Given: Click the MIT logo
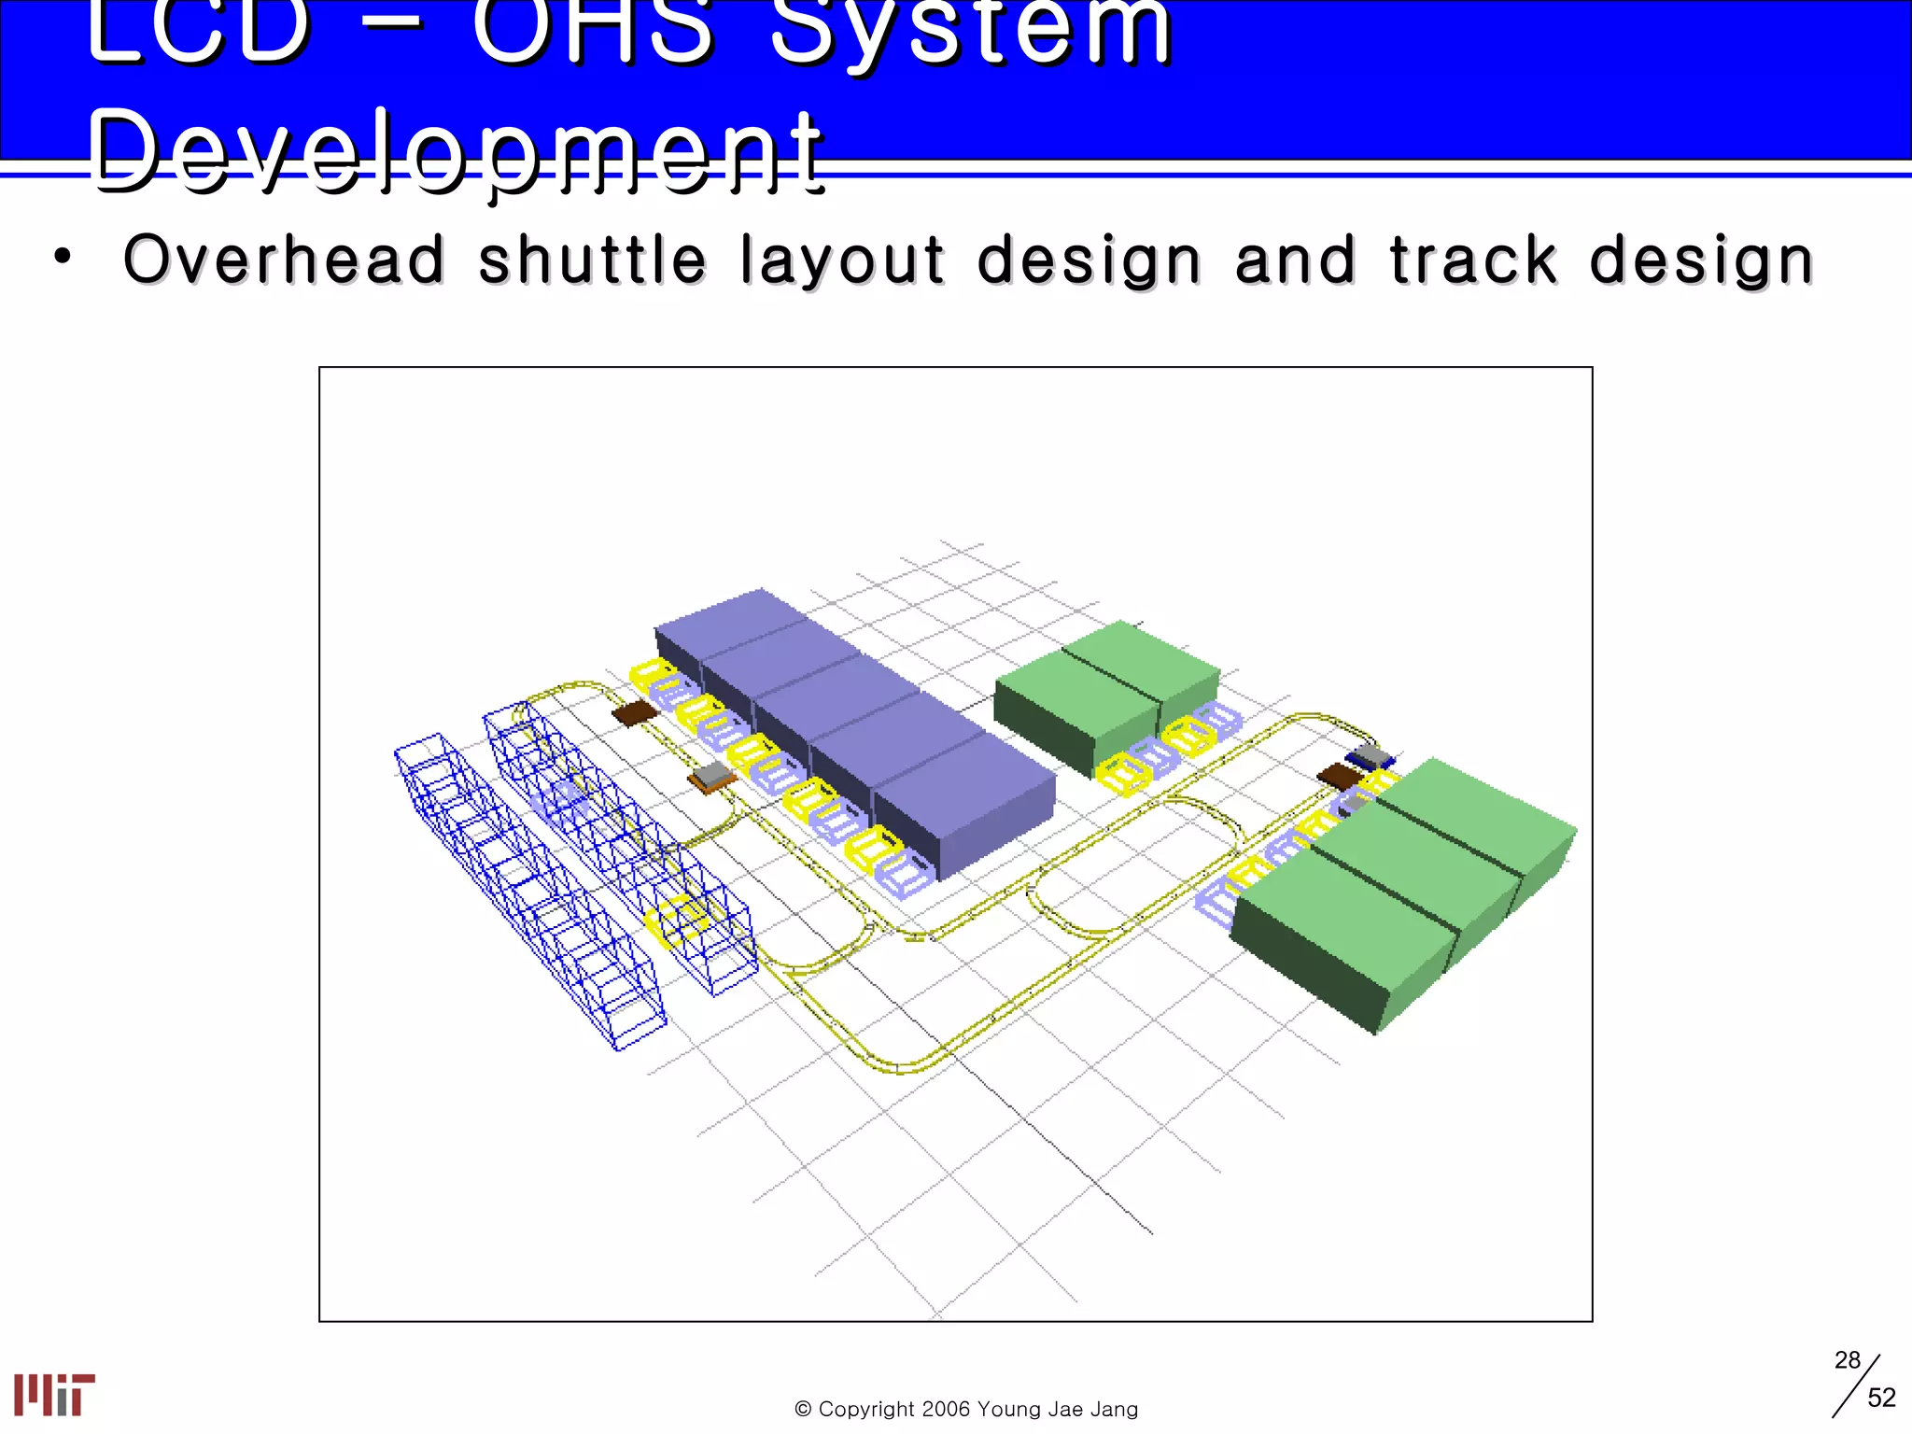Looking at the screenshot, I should click(x=54, y=1395).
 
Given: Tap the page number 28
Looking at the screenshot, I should click(x=1847, y=1360).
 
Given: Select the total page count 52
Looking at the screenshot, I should click(x=1881, y=1398).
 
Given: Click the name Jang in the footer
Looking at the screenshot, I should click(x=1114, y=1409).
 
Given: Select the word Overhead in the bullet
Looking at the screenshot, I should click(x=285, y=260).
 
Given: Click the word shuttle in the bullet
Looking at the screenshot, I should click(x=592, y=260).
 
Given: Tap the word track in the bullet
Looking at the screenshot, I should click(x=1473, y=260).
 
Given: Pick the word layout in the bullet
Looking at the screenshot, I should click(x=842, y=260).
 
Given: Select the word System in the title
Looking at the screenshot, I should click(x=971, y=33).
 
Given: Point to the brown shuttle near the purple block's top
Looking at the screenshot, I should click(x=635, y=713).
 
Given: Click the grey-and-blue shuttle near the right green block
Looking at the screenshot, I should click(x=1371, y=756).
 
